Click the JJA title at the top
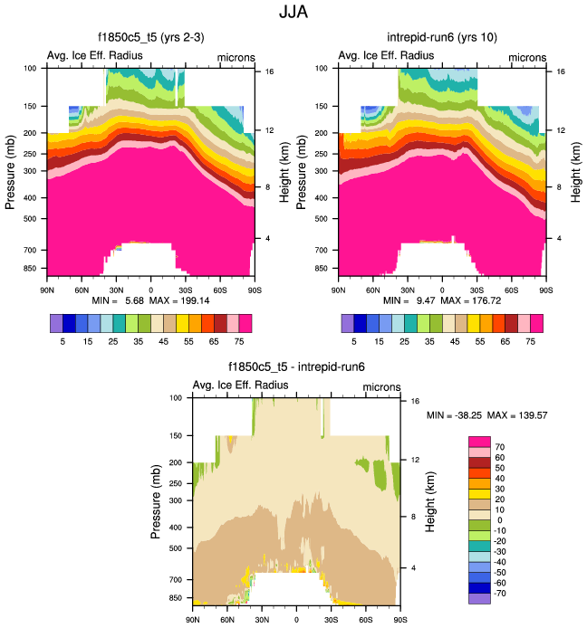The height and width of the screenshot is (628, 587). click(x=293, y=13)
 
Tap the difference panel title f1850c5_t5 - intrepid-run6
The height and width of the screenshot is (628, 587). click(x=295, y=366)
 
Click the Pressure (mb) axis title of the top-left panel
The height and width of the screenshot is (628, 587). click(x=11, y=169)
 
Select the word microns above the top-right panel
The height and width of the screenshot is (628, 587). click(x=527, y=57)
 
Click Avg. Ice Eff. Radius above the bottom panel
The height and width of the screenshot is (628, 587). click(x=241, y=385)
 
